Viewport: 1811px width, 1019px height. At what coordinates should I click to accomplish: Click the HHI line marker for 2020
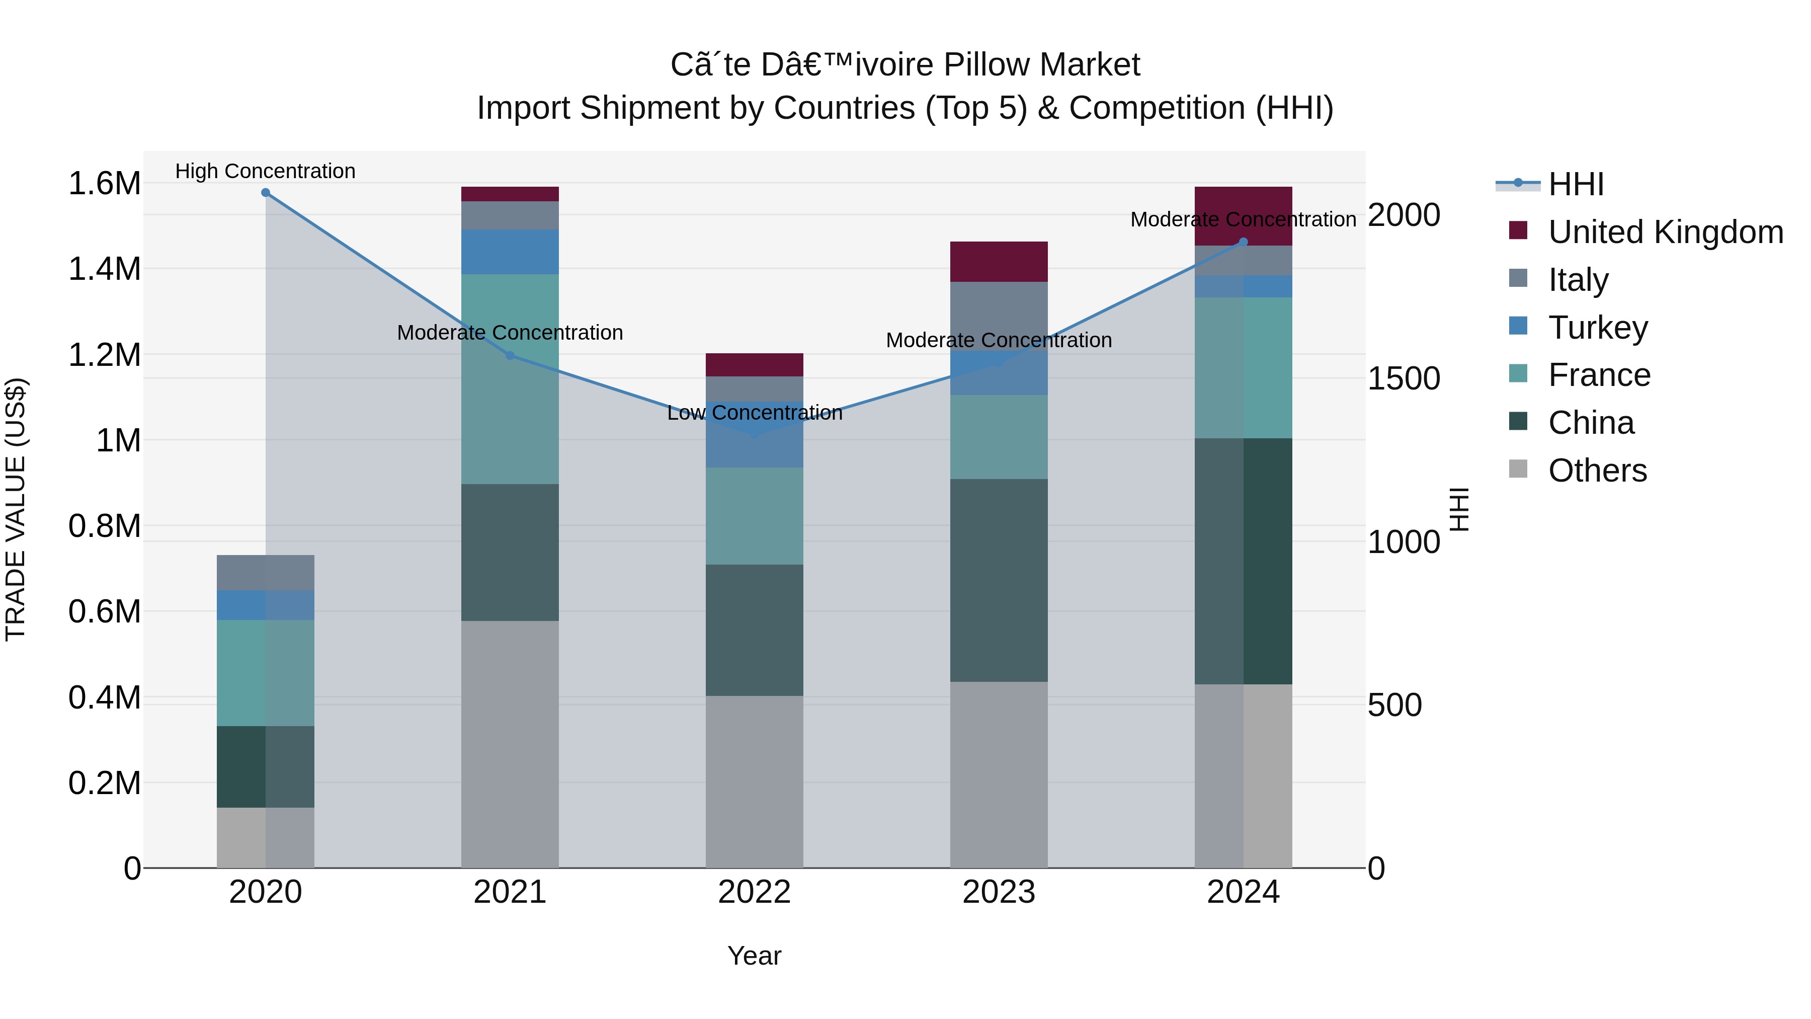tap(266, 193)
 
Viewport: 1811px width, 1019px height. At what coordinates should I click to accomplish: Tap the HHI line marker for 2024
tap(1243, 242)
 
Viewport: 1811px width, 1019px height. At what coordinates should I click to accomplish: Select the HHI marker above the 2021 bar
tap(511, 355)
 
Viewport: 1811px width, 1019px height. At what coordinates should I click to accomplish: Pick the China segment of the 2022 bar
tap(755, 630)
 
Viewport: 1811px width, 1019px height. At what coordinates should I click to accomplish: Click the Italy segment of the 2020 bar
tap(266, 573)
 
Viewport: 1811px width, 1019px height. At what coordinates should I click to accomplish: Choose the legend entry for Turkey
tap(1597, 328)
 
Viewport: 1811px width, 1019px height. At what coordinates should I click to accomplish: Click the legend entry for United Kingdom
tap(1665, 232)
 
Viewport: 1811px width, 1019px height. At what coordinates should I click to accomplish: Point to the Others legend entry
tap(1597, 471)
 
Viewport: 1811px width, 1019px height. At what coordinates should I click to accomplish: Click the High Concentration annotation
tap(266, 172)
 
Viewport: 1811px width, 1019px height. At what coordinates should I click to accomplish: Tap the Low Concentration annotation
tap(755, 413)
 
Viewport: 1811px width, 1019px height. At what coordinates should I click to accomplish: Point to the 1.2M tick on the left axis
tap(104, 354)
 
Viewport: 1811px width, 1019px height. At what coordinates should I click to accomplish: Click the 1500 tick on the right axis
tap(1403, 378)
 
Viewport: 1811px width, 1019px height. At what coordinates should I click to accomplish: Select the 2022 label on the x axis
tap(755, 892)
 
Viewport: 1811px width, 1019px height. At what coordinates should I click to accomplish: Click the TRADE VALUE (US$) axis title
tap(16, 509)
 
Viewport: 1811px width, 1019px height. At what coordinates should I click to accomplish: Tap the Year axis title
tap(755, 956)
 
